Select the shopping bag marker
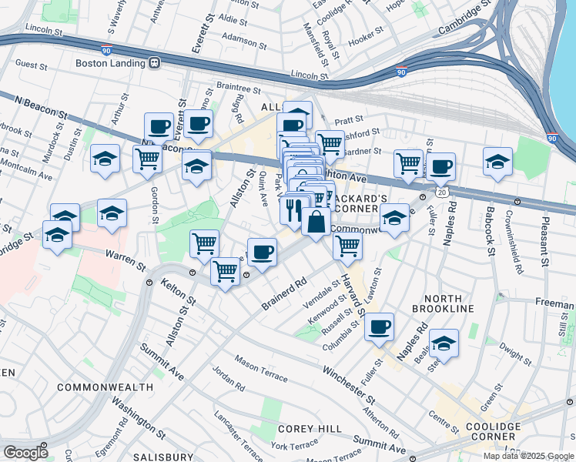[x=316, y=222]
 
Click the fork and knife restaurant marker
[x=293, y=209]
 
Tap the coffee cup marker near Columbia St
[x=379, y=327]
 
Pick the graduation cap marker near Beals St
[x=444, y=343]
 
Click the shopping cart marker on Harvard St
[x=348, y=246]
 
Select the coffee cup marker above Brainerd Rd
[x=262, y=253]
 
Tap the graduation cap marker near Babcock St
[x=498, y=162]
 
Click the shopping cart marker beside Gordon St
[x=147, y=159]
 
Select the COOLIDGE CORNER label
[x=488, y=432]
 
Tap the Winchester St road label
[x=348, y=385]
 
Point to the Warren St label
[x=126, y=259]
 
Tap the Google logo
[x=25, y=453]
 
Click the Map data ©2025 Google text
[x=527, y=456]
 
